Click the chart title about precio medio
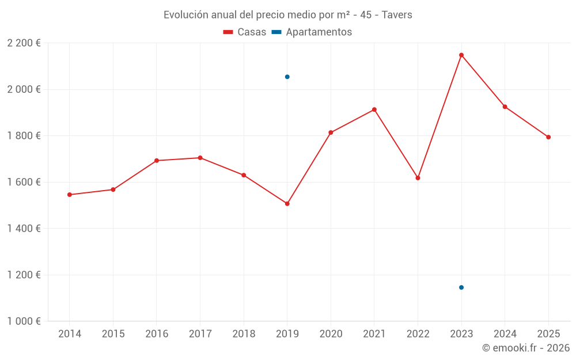(x=287, y=15)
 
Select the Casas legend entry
(x=245, y=32)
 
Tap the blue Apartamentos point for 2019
(x=287, y=77)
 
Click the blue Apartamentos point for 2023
(x=461, y=287)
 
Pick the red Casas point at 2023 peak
(x=461, y=55)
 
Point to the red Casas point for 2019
(x=287, y=203)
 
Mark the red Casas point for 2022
(x=418, y=178)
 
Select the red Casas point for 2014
(x=70, y=195)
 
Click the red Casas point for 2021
(x=374, y=109)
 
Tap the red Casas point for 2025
(x=548, y=137)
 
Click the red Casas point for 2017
(x=200, y=158)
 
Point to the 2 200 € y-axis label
(x=24, y=43)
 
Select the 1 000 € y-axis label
(x=24, y=321)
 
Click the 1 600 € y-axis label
(x=24, y=182)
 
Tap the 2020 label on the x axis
(x=331, y=334)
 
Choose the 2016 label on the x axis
(x=157, y=334)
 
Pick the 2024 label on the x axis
(x=505, y=334)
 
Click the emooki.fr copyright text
(x=525, y=348)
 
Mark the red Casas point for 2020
(x=331, y=132)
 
